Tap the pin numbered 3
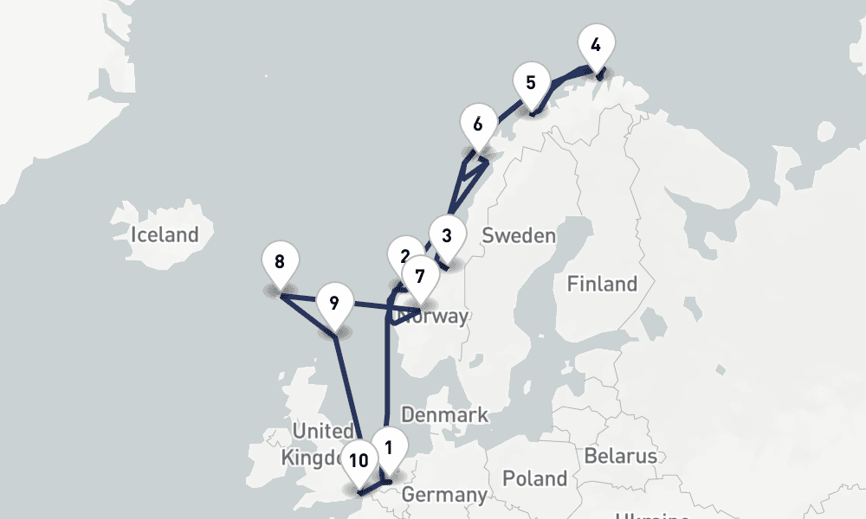446,235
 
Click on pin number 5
531,84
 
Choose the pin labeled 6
478,124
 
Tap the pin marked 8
279,262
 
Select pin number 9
334,304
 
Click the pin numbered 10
359,460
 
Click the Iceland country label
165,234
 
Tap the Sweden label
518,235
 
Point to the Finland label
602,284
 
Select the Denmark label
444,415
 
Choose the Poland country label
534,478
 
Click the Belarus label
620,456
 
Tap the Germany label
444,496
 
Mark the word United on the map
323,431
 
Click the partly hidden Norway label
442,317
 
